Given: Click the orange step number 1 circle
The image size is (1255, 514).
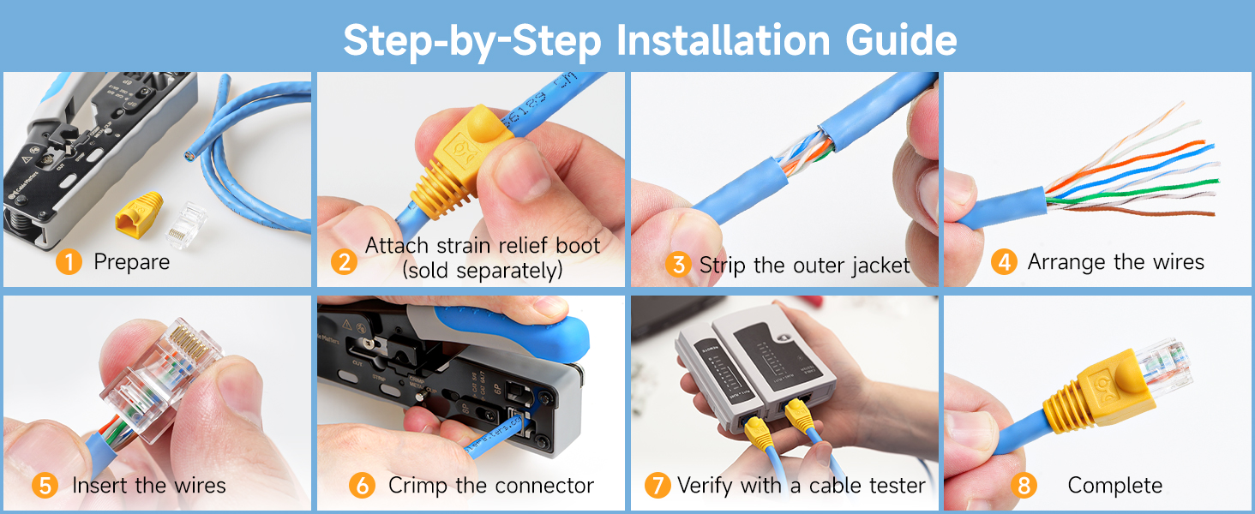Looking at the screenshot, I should click(x=69, y=261).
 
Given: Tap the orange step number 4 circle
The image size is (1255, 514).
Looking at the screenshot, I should click(x=1004, y=261).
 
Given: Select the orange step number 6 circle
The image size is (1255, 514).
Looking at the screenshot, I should click(x=362, y=486).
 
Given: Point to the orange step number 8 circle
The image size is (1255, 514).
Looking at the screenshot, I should click(x=1023, y=486).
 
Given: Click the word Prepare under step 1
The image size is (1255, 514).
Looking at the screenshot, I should click(x=131, y=261).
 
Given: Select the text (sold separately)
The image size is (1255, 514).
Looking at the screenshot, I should click(x=483, y=270).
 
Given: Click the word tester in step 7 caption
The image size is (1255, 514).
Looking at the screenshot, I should click(x=897, y=486).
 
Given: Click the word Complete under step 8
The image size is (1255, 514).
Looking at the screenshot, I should click(x=1114, y=486).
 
